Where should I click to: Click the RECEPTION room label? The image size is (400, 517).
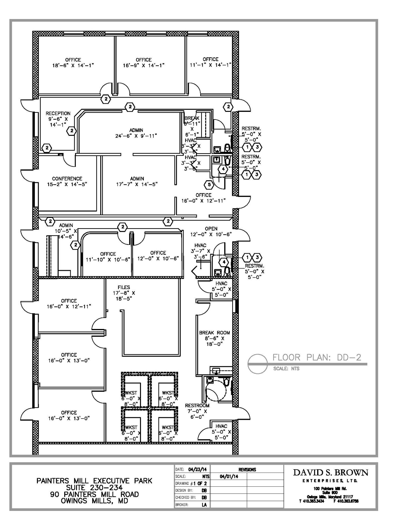58,114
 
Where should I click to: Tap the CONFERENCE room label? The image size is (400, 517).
67,179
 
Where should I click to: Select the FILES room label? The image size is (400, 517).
124,287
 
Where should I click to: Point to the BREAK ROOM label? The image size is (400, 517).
214,333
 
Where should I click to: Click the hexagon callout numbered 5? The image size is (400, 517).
209,185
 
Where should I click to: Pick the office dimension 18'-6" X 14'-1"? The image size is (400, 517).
73,65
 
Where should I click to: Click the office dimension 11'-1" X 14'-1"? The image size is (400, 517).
210,65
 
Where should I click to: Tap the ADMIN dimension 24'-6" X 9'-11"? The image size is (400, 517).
136,136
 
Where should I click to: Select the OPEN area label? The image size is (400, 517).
211,229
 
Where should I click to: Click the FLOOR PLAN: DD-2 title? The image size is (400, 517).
317,357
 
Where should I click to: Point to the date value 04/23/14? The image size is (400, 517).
197,470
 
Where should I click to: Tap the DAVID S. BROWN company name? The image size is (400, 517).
331,473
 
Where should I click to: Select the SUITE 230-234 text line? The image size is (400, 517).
95,487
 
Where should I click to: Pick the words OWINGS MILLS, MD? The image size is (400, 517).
95,501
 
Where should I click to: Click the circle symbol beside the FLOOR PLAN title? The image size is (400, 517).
257,364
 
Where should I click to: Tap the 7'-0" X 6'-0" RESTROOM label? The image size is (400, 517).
197,406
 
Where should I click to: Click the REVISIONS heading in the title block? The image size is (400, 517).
247,470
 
